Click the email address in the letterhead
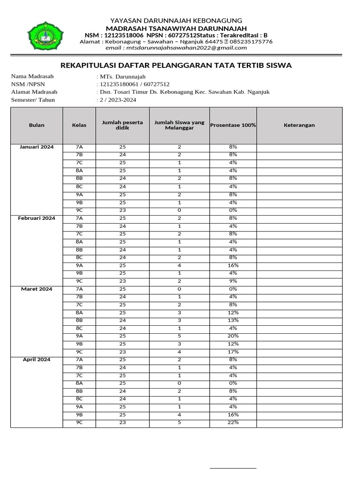click(176, 47)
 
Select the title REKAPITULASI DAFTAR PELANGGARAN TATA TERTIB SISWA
click(176, 65)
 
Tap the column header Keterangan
click(299, 125)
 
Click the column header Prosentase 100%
click(233, 125)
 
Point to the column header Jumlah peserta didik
click(122, 125)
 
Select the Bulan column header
click(37, 125)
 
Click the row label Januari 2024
click(37, 147)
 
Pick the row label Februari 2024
click(37, 218)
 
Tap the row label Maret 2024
click(37, 289)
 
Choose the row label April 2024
click(37, 360)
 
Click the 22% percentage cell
click(233, 422)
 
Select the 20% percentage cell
click(233, 336)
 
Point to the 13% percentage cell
click(233, 320)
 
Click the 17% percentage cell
click(233, 352)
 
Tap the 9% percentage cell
click(233, 281)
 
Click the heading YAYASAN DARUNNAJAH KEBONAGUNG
click(176, 21)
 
